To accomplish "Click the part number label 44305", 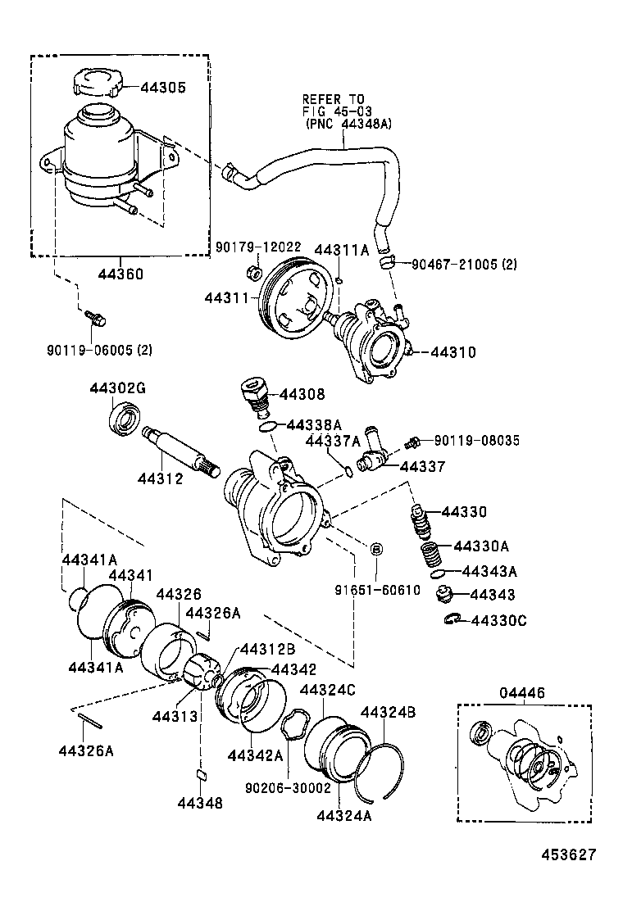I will coord(164,88).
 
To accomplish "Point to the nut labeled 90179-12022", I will coord(253,271).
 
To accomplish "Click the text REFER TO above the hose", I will coord(333,99).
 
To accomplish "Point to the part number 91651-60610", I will coord(376,590).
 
